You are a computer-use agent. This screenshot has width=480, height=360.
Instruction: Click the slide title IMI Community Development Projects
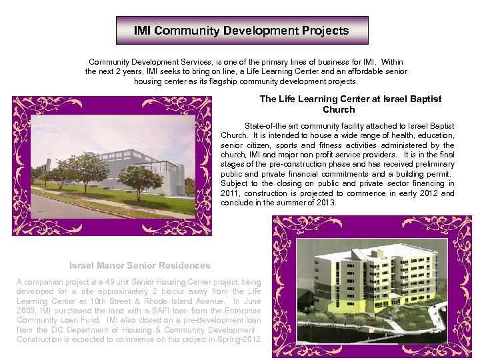click(241, 31)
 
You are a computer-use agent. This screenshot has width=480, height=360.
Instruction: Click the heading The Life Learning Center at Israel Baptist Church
click(350, 104)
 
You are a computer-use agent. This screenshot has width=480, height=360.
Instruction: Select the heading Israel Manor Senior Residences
click(139, 265)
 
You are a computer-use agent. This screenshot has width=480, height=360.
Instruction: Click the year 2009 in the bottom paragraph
click(27, 311)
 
